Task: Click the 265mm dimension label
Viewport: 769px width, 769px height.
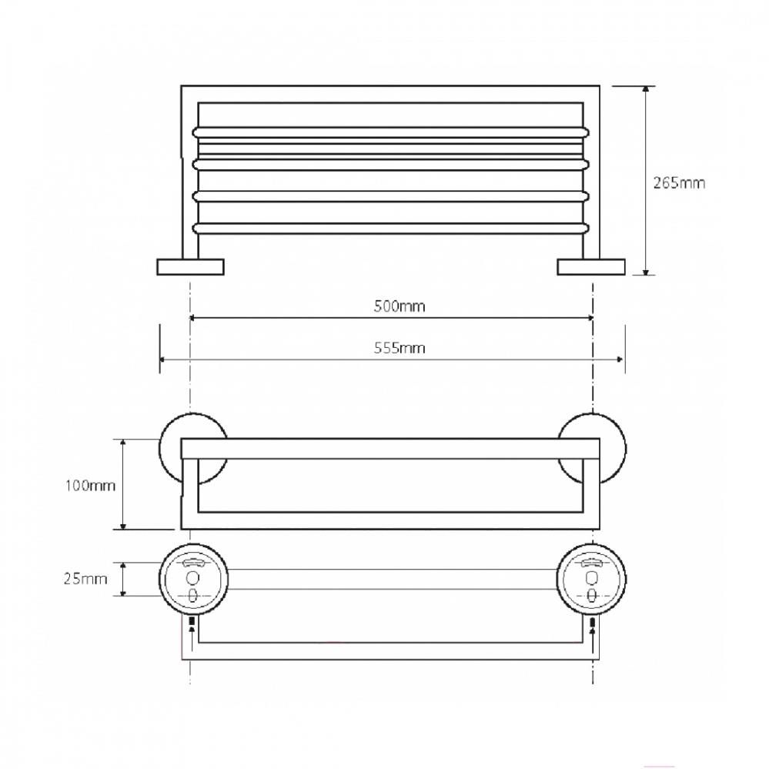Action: point(678,183)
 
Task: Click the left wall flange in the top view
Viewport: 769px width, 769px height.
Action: point(190,267)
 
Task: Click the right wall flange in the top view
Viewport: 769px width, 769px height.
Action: point(591,267)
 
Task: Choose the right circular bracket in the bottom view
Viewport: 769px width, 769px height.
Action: point(592,580)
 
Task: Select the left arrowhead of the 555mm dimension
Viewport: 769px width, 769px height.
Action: point(164,359)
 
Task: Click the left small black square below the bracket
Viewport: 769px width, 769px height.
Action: point(191,620)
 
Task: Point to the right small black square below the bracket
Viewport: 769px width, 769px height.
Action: point(592,620)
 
